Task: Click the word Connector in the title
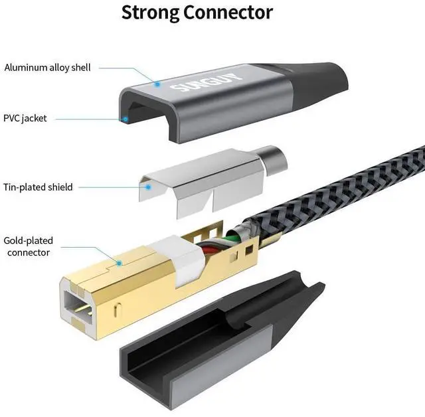click(231, 12)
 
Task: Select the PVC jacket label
click(25, 118)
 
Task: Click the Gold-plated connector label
click(28, 246)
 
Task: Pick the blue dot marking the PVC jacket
click(125, 119)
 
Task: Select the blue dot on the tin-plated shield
click(149, 187)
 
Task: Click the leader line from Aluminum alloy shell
click(126, 67)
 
